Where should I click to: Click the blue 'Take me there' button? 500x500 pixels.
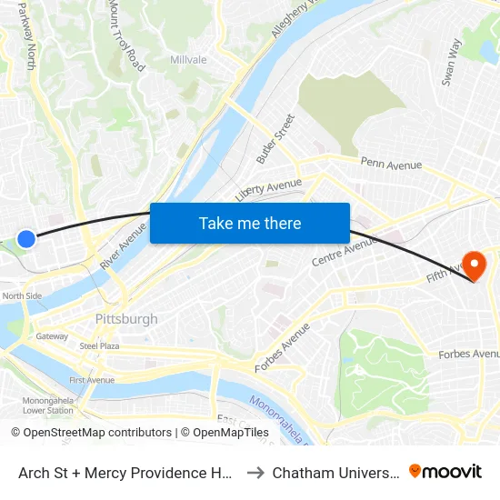coord(250,224)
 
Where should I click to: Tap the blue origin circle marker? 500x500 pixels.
coord(26,239)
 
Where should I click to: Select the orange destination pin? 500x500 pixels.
coord(474,265)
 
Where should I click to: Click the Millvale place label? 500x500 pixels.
coord(188,60)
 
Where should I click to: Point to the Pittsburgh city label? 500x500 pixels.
coord(126,319)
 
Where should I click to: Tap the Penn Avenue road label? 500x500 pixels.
coord(391,165)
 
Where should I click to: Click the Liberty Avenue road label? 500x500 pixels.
coord(267,189)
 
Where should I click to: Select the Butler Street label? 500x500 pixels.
coord(275,138)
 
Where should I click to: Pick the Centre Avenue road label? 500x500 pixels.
coord(344,247)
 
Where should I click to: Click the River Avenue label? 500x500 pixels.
coord(124,246)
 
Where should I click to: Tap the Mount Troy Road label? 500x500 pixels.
coord(126,36)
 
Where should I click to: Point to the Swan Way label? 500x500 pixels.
coord(452,62)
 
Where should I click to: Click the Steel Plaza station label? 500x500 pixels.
coord(100,346)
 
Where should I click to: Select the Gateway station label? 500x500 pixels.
coord(52,336)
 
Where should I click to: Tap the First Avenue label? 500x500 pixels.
coord(92,380)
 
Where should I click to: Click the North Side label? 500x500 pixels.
coord(22,295)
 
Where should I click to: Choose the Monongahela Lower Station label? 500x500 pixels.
coord(47,405)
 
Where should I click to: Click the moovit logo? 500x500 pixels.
coord(445,472)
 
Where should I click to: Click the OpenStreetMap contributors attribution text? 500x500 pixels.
coord(91,433)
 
